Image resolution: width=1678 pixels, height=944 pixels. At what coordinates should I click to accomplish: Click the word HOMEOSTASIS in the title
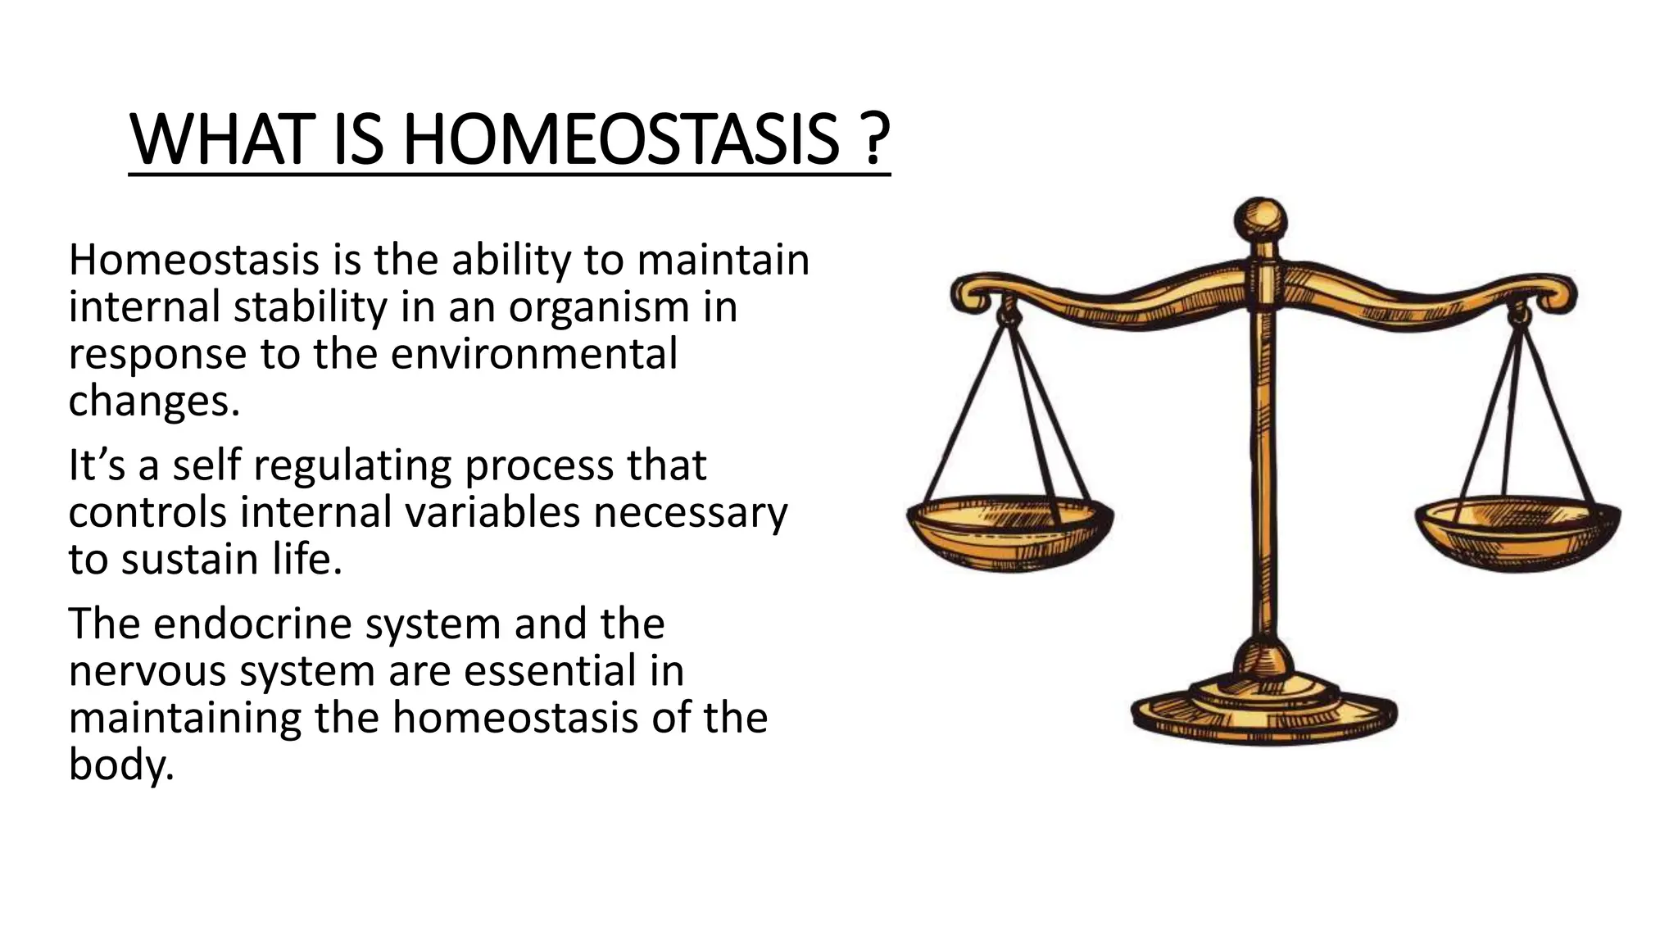click(x=622, y=140)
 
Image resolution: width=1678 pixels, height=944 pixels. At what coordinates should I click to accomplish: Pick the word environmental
click(x=534, y=354)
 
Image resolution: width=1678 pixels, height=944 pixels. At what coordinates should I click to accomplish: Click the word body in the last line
click(x=121, y=765)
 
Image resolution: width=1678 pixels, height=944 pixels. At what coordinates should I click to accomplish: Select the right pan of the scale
click(x=1517, y=533)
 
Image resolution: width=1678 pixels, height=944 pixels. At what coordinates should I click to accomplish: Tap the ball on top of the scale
click(x=1261, y=219)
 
